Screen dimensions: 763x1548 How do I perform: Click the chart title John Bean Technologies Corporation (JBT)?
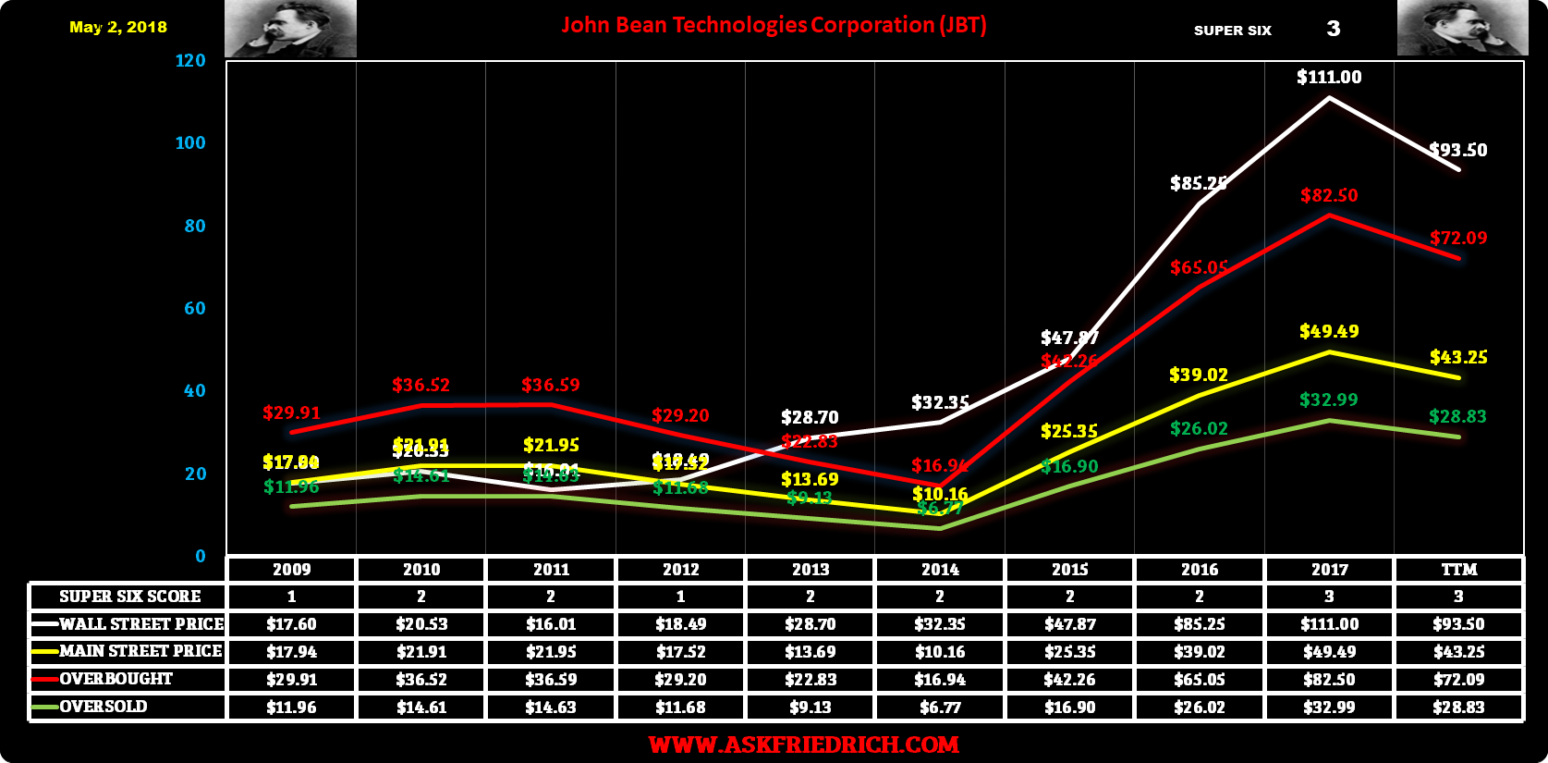[x=774, y=25]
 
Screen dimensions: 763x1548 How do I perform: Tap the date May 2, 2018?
[x=118, y=27]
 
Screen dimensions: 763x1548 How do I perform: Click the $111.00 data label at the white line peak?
[x=1329, y=78]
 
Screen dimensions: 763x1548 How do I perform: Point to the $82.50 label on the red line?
[x=1329, y=196]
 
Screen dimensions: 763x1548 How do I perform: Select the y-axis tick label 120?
[x=190, y=61]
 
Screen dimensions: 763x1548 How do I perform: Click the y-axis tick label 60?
[x=194, y=309]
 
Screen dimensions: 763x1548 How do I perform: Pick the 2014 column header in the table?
[x=940, y=570]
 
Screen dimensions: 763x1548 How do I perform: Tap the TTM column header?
[x=1459, y=570]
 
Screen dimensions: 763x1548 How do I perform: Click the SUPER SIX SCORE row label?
[x=129, y=597]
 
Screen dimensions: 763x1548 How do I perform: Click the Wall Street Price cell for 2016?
[x=1200, y=624]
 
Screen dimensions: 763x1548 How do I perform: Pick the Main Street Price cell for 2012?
[x=681, y=652]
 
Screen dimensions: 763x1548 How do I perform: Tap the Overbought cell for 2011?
[x=551, y=679]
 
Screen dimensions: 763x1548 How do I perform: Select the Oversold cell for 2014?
[x=940, y=707]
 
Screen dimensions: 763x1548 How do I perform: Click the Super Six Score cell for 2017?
[x=1329, y=597]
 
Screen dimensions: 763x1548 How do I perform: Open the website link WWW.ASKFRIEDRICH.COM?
[x=803, y=745]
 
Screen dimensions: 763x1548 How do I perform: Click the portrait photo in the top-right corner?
[x=1462, y=29]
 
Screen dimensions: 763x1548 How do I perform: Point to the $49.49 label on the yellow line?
[x=1329, y=331]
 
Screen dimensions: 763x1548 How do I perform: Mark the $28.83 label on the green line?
[x=1457, y=417]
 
